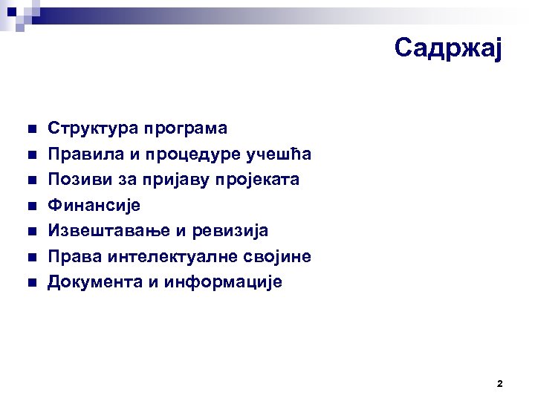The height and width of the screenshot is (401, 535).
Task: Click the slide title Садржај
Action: click(449, 48)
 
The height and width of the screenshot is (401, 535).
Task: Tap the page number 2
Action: click(499, 384)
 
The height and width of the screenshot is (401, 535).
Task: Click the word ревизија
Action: click(230, 231)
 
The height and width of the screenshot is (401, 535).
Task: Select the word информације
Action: click(223, 283)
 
